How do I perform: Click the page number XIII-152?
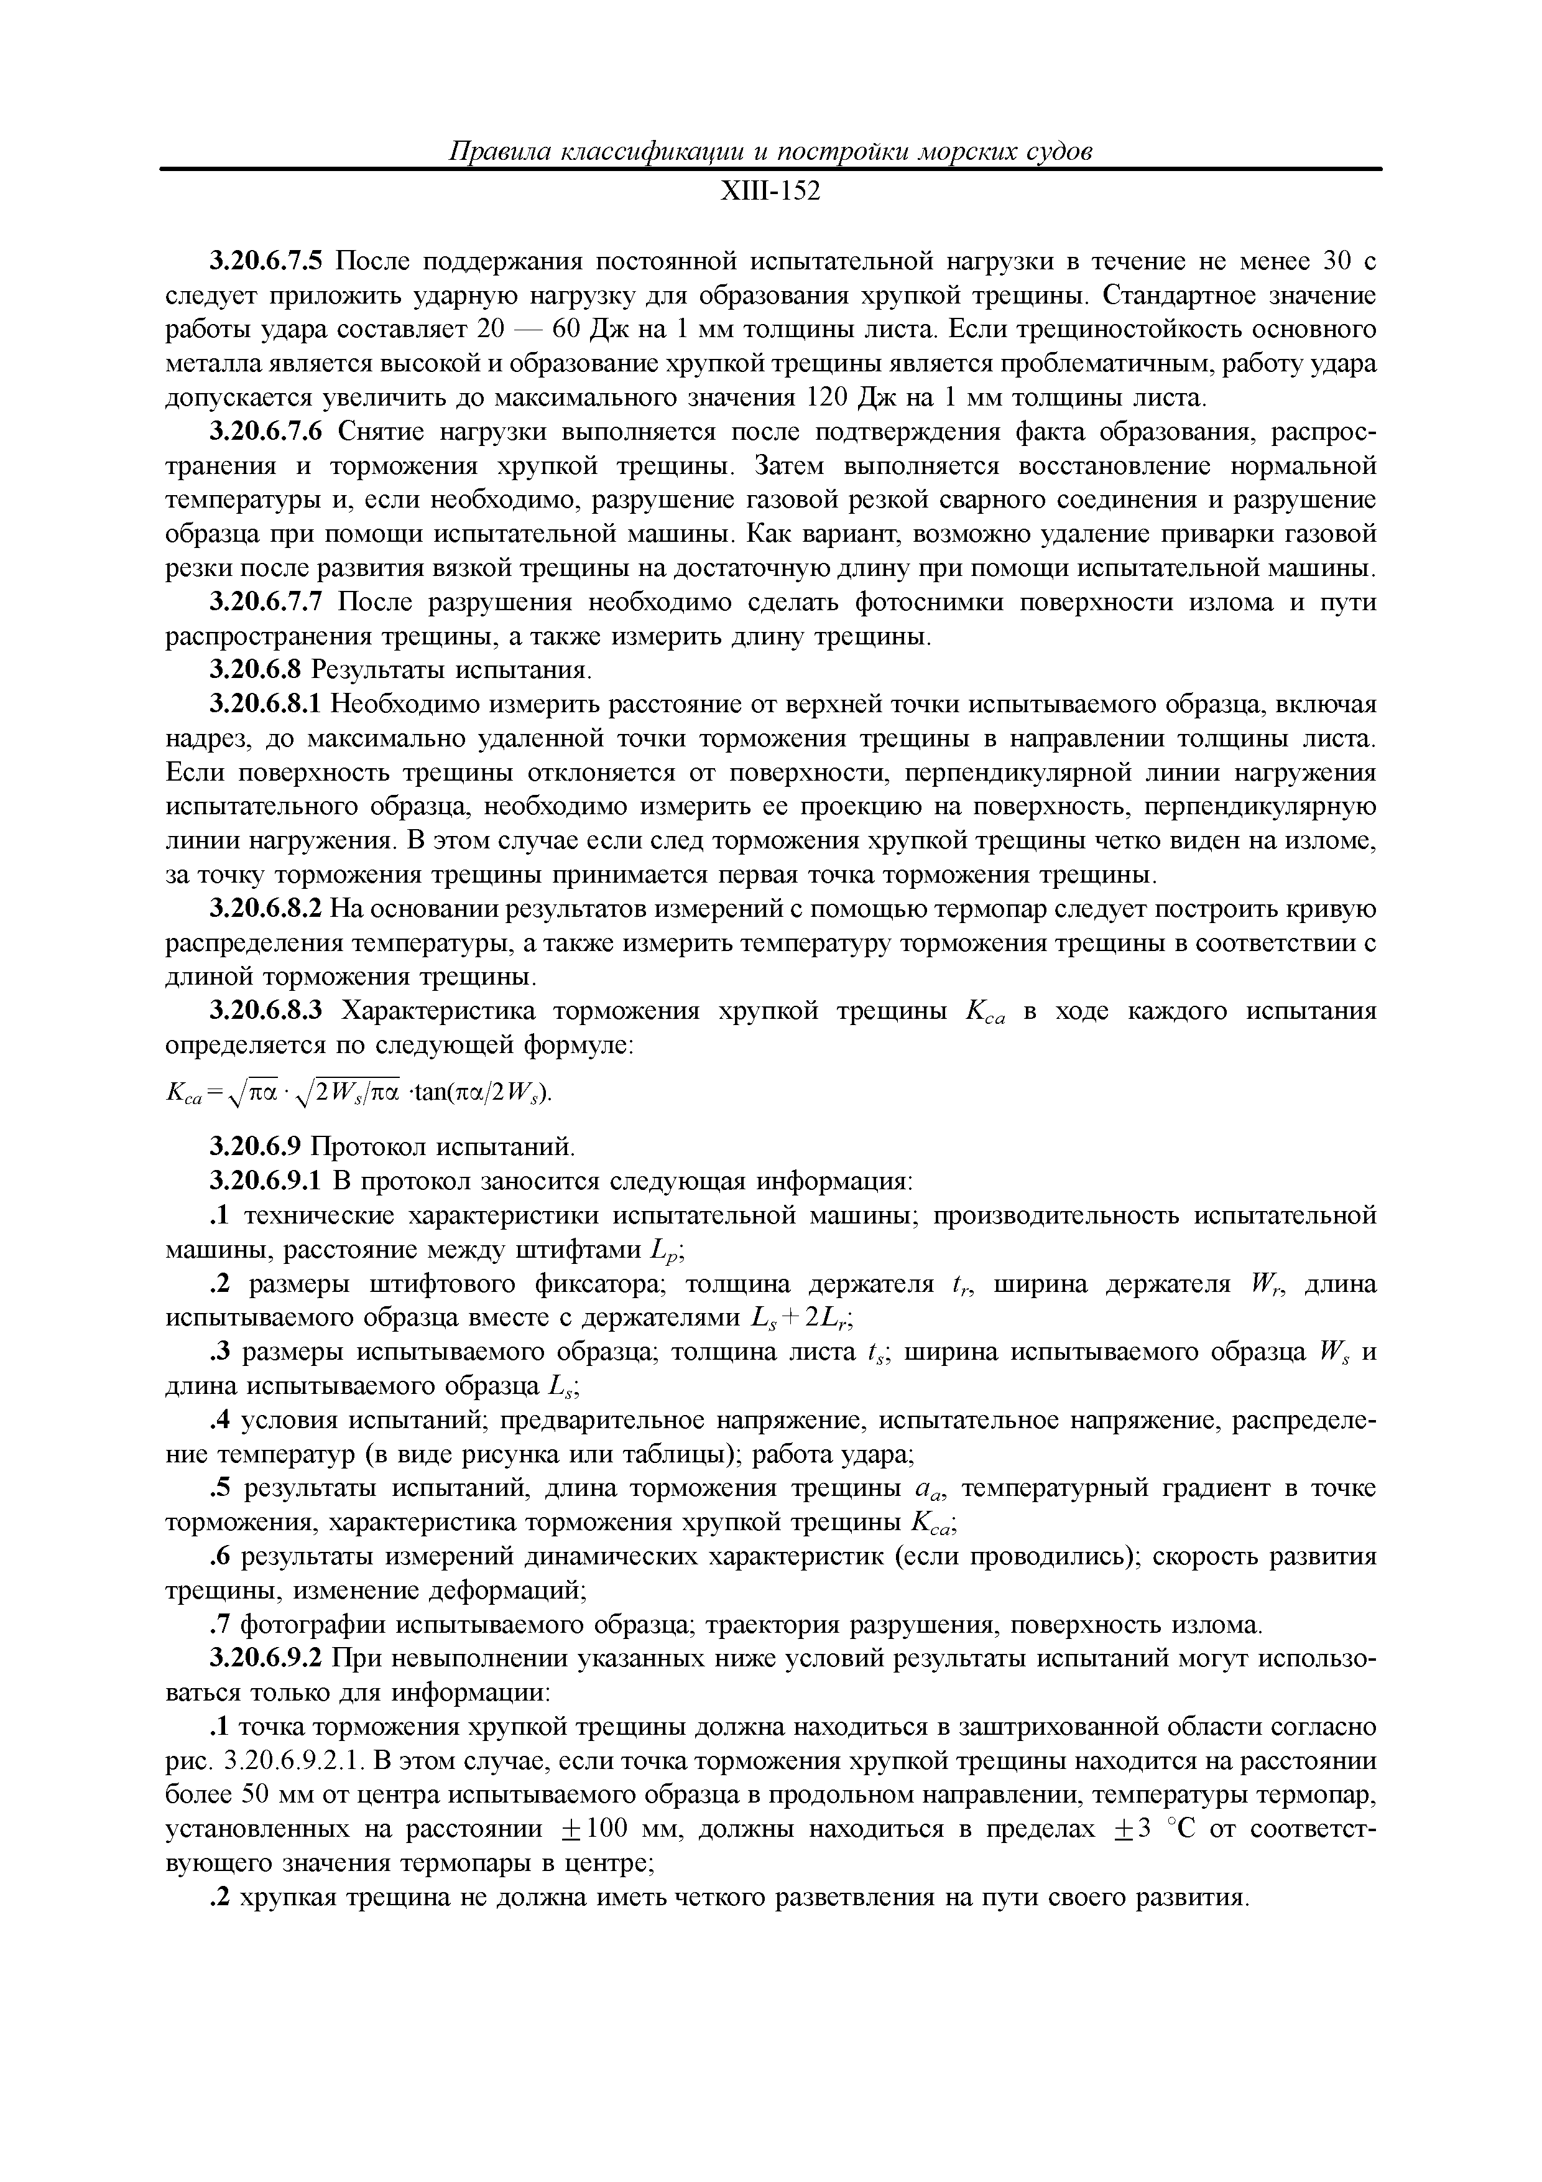tap(770, 193)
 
